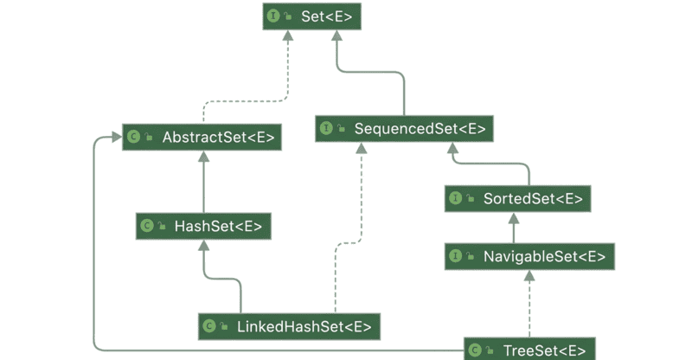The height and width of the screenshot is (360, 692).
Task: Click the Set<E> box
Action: [x=311, y=16]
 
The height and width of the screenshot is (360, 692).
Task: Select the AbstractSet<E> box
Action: [x=202, y=137]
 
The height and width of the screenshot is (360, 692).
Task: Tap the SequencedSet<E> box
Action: [x=404, y=129]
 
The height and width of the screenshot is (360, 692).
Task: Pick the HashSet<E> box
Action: [x=203, y=226]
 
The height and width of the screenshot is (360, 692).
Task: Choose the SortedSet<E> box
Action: [x=517, y=199]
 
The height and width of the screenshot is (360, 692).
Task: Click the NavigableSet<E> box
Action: [x=529, y=256]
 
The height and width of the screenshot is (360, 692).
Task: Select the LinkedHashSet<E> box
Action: [x=289, y=326]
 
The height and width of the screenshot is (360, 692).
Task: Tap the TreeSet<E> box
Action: [x=529, y=349]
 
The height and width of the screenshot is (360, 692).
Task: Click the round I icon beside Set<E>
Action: [x=273, y=16]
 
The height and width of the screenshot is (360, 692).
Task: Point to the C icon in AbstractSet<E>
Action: [x=133, y=137]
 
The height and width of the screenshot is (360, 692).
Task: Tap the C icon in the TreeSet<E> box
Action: [x=475, y=350]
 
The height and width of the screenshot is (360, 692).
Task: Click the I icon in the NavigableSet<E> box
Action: [x=456, y=256]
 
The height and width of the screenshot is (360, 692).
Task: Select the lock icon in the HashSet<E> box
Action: [x=162, y=226]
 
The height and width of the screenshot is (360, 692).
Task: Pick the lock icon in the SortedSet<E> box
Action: [x=471, y=198]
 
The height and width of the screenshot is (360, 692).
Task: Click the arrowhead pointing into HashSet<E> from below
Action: [x=203, y=245]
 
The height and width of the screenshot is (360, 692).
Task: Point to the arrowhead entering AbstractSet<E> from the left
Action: [x=117, y=137]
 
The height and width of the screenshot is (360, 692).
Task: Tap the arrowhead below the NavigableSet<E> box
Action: [x=529, y=276]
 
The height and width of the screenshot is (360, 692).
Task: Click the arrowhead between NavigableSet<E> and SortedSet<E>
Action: [x=514, y=218]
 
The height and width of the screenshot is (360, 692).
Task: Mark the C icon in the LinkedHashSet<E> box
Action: [x=209, y=326]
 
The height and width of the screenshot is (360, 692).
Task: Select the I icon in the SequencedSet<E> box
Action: [x=326, y=128]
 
